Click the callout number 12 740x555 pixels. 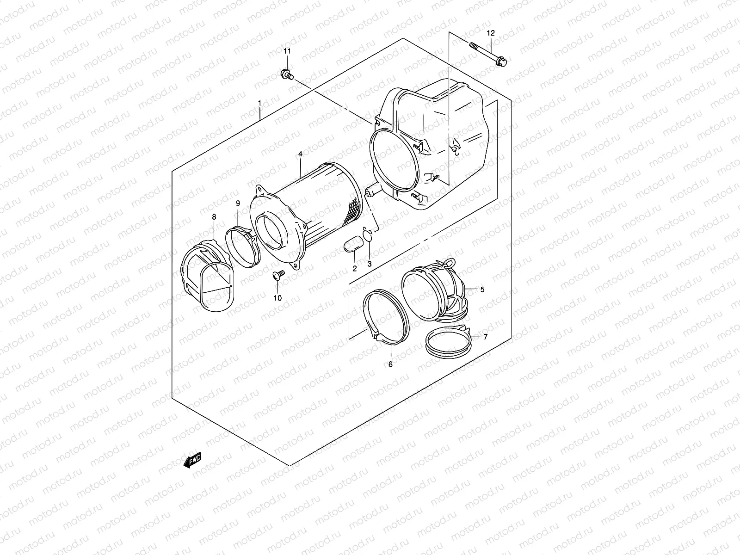click(x=491, y=33)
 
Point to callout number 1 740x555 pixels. click(x=260, y=103)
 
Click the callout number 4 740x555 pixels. click(x=300, y=154)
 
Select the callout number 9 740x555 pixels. click(x=238, y=203)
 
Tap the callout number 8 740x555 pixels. click(x=214, y=216)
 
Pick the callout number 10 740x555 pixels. click(x=277, y=298)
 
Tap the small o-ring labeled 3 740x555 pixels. click(x=368, y=235)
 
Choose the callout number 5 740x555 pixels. click(x=482, y=290)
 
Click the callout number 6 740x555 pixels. click(x=390, y=364)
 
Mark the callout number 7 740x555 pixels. click(x=485, y=337)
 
